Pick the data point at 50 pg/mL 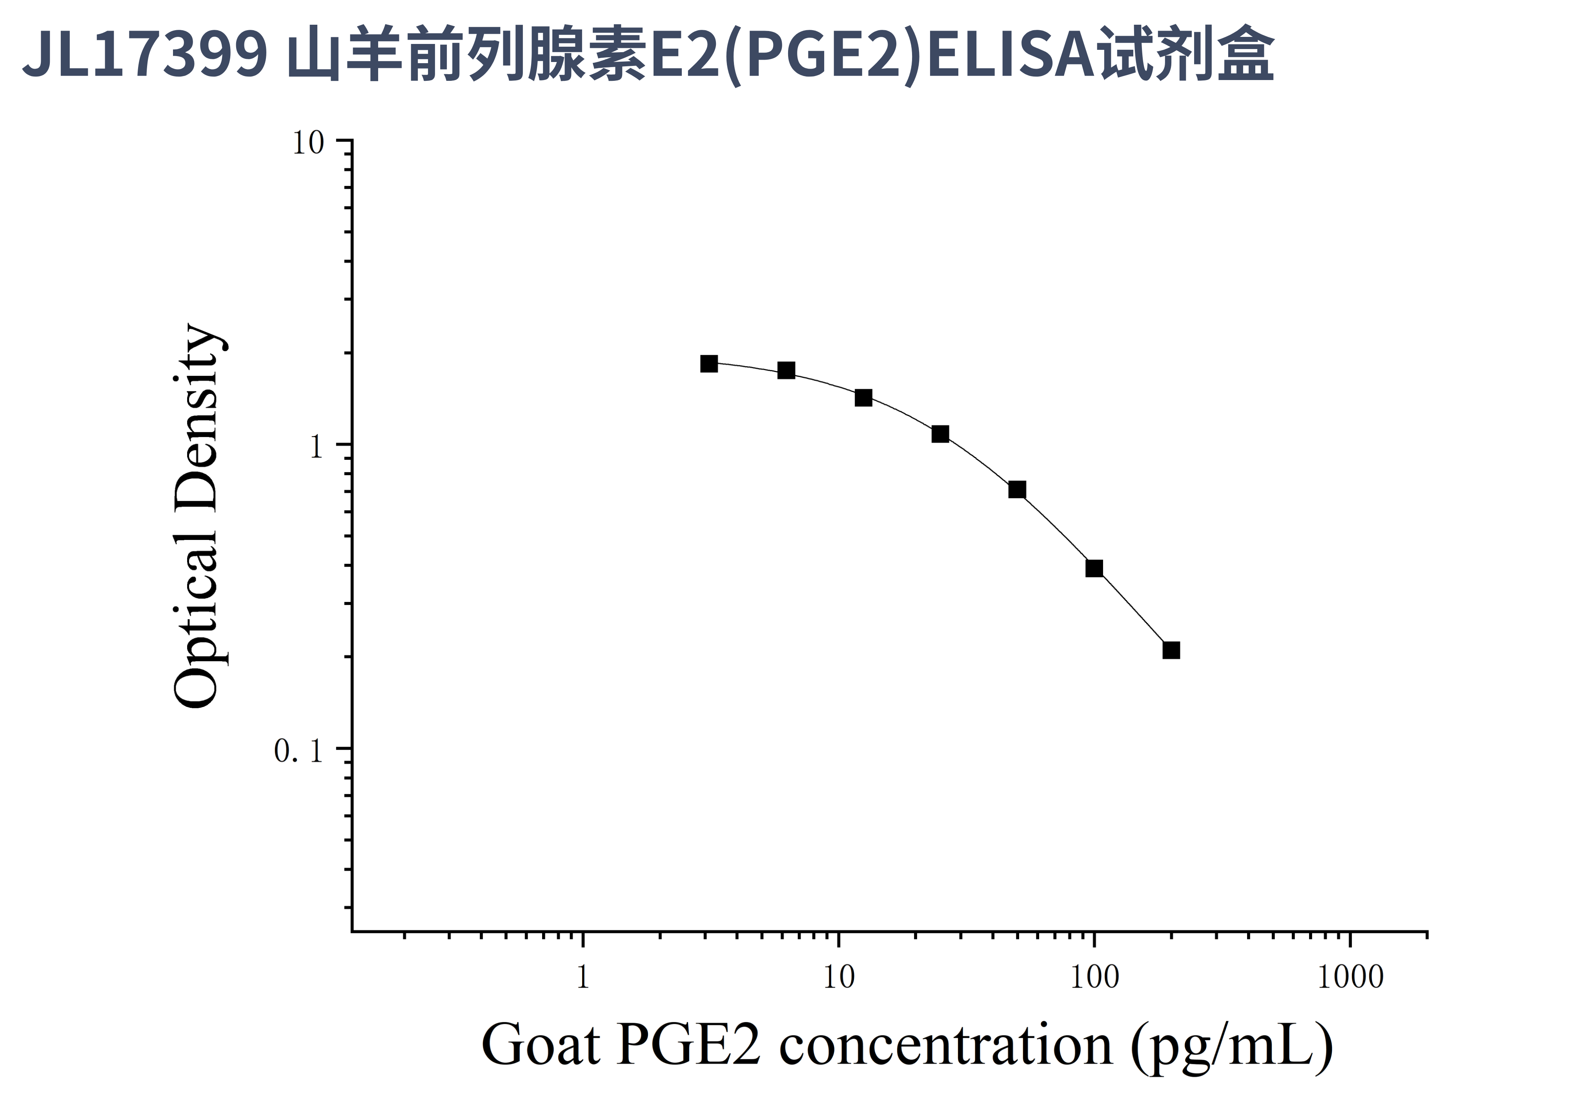click(1017, 489)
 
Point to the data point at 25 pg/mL click(940, 434)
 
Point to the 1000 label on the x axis click(1350, 977)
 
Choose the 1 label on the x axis click(583, 977)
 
